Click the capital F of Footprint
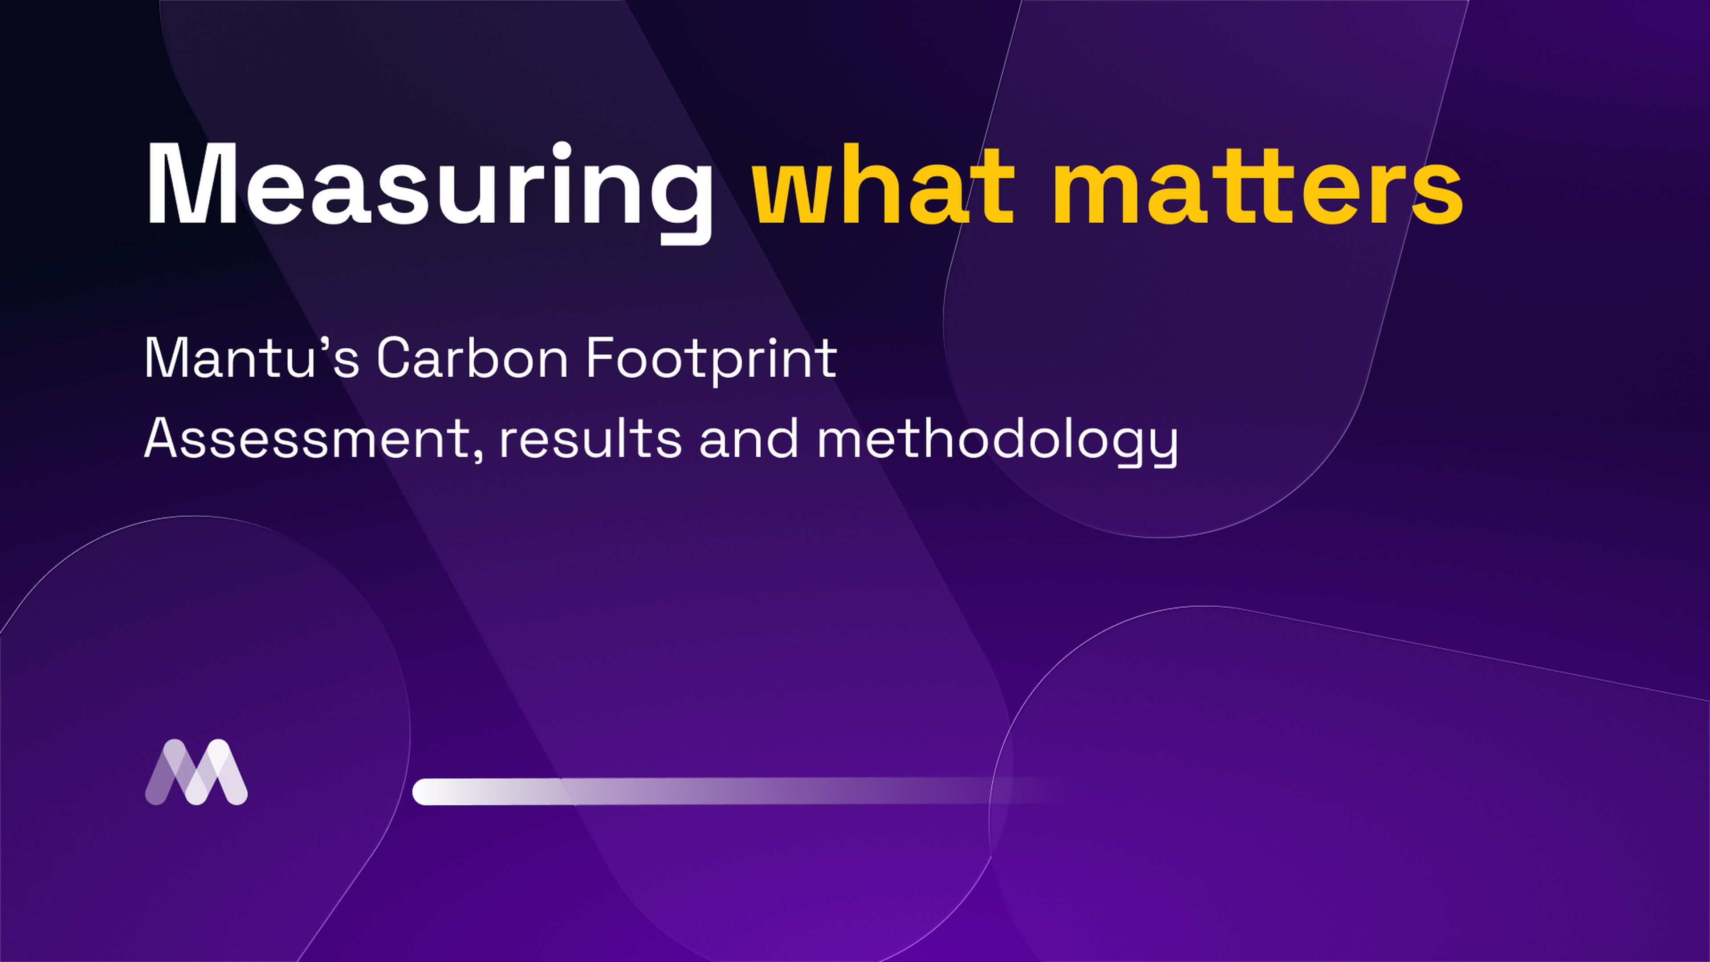click(x=600, y=359)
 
